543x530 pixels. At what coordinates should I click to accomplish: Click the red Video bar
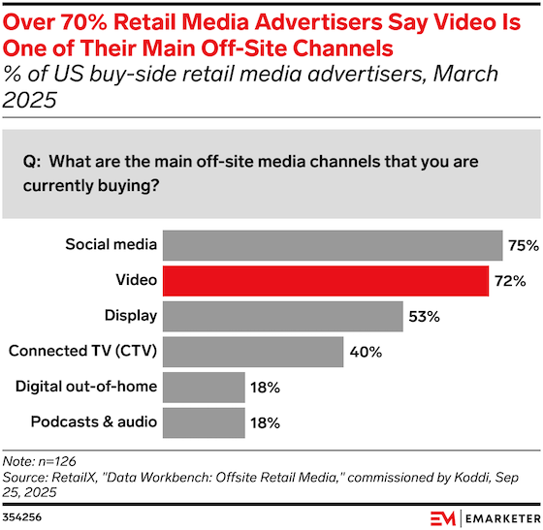[325, 280]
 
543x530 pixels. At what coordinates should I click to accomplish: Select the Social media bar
[332, 245]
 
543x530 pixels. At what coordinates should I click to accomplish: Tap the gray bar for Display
[282, 316]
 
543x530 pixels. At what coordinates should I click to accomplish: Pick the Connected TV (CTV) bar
[253, 351]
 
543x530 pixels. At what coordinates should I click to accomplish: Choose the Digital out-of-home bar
[204, 387]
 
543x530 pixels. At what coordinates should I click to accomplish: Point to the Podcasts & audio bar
[204, 421]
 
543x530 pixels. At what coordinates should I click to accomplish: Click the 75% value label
[522, 245]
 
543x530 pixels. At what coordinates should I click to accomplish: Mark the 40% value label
[365, 351]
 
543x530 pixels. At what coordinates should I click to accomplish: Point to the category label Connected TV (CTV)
[81, 351]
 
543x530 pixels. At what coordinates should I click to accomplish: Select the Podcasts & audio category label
[93, 421]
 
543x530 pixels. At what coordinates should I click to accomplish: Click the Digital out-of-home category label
[85, 387]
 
